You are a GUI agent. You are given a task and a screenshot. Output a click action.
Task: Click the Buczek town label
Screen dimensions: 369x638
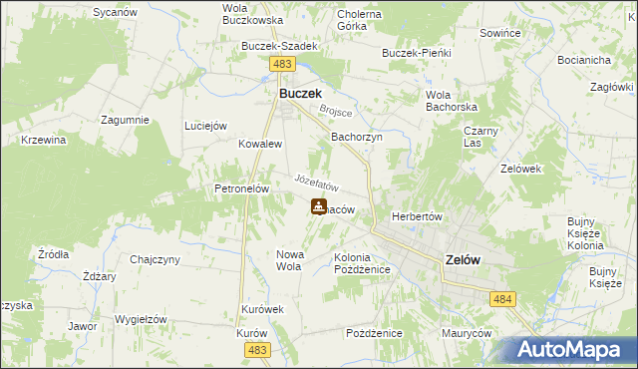click(x=299, y=93)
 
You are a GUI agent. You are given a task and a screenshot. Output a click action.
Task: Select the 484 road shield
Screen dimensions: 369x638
click(x=501, y=298)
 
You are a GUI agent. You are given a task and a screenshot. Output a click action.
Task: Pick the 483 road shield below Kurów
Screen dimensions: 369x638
click(x=257, y=349)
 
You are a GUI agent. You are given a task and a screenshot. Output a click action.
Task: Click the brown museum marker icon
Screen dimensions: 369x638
click(x=318, y=207)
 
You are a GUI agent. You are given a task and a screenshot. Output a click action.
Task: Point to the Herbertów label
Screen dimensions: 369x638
click(x=417, y=216)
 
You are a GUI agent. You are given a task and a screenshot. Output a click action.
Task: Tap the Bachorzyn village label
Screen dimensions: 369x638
click(x=357, y=138)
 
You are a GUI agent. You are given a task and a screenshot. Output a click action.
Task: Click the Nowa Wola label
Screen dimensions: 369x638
click(x=289, y=260)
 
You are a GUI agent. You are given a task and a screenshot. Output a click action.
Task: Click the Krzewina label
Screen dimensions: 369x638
click(x=43, y=140)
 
